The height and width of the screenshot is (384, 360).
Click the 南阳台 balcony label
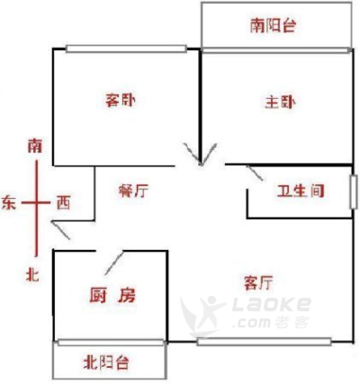274,25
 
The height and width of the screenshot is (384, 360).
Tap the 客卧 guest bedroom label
121,101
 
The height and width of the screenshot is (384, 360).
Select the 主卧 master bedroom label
280,103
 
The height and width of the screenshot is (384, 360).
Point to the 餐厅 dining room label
133,191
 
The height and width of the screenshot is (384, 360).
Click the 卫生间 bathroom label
301,191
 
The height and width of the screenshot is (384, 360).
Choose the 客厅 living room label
258,282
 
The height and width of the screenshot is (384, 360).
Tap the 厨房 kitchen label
112,295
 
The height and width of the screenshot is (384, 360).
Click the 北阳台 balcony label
106,362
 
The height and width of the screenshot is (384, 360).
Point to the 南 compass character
35,146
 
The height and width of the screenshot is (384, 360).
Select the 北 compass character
32,274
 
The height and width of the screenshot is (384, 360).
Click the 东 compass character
9,202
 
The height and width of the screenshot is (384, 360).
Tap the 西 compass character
64,202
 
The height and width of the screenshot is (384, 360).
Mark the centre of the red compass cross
37,202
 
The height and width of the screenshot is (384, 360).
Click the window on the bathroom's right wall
354,192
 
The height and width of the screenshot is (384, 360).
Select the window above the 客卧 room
126,49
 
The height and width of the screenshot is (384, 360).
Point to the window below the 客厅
264,342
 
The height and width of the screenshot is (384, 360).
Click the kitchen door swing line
114,263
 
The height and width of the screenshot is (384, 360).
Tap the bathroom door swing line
255,173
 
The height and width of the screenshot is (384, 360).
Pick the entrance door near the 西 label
60,230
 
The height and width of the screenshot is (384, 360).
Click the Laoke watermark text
272,304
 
